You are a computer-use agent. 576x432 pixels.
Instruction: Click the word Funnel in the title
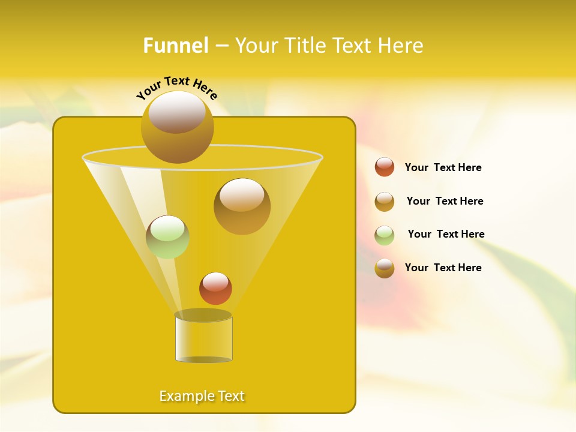pos(175,46)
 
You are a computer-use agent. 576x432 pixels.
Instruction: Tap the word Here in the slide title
pos(400,46)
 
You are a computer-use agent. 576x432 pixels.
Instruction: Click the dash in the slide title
pos(221,46)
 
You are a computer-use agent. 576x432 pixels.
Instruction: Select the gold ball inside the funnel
pos(242,206)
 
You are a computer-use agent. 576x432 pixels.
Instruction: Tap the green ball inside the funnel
pos(167,237)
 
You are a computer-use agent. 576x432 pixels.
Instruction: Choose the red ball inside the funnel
pos(215,289)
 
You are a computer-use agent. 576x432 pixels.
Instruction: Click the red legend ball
pos(385,167)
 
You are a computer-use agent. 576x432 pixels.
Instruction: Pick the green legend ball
pos(385,235)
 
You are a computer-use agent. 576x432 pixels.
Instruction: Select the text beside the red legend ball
pos(443,167)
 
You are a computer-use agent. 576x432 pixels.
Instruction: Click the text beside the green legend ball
pos(446,234)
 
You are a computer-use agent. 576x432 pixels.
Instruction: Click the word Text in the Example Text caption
pos(230,396)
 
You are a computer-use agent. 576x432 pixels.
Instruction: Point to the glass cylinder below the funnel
pos(203,339)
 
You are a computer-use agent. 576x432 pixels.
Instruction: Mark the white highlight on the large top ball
pos(177,112)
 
